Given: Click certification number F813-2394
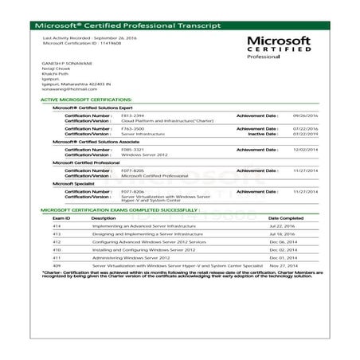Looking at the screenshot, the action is [x=131, y=115].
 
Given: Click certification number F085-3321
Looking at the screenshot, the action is [x=131, y=148].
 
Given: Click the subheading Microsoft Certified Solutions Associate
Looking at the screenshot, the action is [x=96, y=142].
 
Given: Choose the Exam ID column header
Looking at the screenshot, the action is [x=61, y=217].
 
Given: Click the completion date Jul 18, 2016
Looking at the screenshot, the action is [x=281, y=234].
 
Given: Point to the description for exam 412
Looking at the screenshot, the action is [x=148, y=241].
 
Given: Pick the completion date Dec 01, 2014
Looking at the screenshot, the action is [x=282, y=257].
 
